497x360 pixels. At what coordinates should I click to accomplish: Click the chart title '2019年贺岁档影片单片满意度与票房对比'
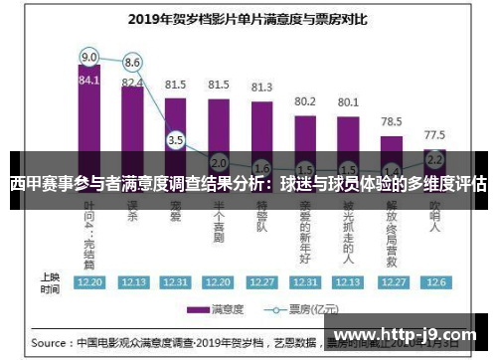(248, 17)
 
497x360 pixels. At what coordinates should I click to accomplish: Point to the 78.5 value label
(392, 121)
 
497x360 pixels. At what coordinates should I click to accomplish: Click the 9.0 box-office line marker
(89, 57)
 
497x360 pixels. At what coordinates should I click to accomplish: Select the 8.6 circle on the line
(132, 62)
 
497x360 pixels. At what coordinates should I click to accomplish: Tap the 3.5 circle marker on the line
(176, 140)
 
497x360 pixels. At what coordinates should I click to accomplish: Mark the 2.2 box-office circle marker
(434, 158)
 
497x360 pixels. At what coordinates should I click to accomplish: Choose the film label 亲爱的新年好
(305, 229)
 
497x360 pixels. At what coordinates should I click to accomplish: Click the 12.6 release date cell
(434, 281)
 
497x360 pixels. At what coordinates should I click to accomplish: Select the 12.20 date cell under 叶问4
(89, 281)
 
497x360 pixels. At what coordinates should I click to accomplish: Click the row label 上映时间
(49, 281)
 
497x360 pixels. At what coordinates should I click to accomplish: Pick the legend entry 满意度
(225, 308)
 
